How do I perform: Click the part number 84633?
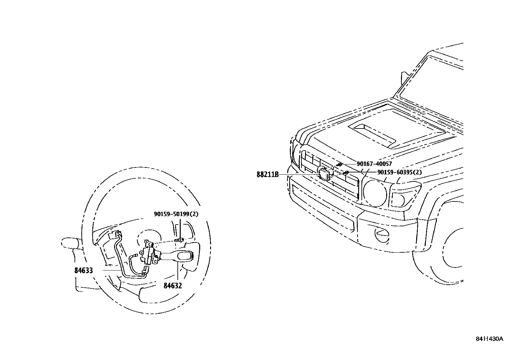tap(83, 270)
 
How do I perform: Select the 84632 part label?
tap(172, 285)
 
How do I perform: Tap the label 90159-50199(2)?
tap(176, 214)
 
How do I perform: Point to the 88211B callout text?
tap(267, 174)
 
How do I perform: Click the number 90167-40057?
tap(374, 164)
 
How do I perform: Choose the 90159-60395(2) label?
tap(399, 172)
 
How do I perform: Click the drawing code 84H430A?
tap(489, 339)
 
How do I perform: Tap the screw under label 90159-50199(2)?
tap(180, 239)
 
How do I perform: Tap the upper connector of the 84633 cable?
tap(113, 235)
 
